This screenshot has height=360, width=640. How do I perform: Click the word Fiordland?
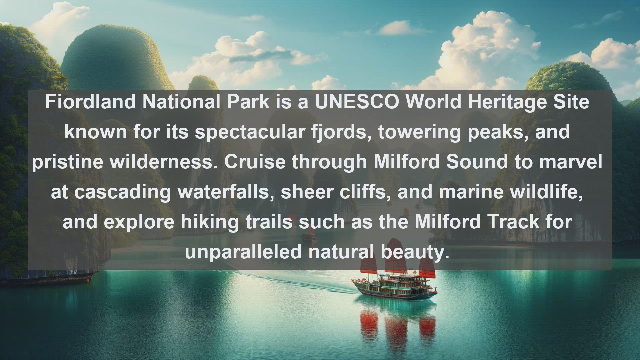(x=90, y=102)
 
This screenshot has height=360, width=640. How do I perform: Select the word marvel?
(x=571, y=162)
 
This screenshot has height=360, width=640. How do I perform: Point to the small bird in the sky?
(x=386, y=45)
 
